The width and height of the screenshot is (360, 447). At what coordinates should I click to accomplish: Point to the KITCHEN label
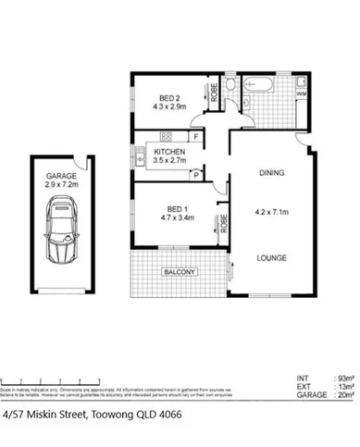pyautogui.click(x=168, y=151)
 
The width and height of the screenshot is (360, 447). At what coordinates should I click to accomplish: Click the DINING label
pyautogui.click(x=271, y=173)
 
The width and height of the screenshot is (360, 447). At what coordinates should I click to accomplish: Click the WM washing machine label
pyautogui.click(x=301, y=93)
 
